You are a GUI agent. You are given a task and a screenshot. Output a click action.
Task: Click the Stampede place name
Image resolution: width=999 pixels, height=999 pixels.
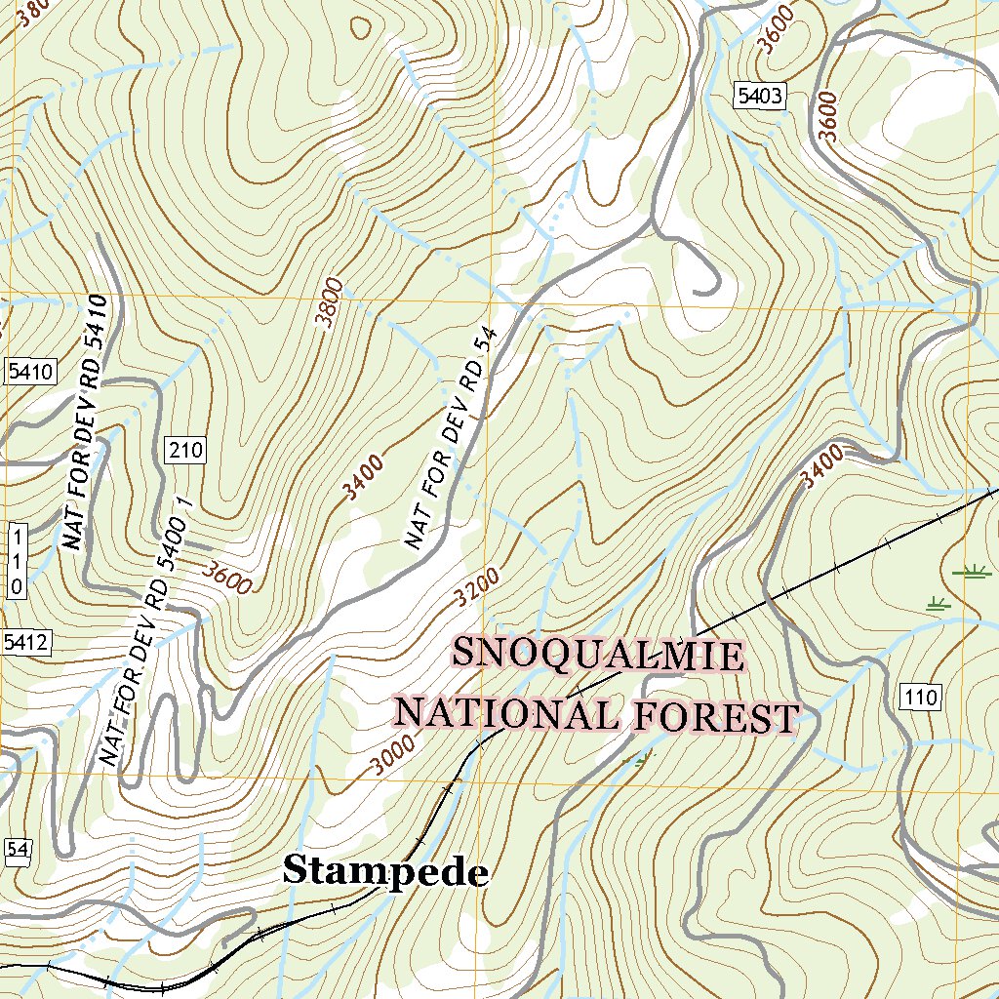[385, 871]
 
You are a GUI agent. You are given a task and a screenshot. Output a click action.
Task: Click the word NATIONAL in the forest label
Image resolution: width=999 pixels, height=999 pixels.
[505, 713]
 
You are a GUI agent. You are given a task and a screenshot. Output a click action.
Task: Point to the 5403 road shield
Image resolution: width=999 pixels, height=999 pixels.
[760, 95]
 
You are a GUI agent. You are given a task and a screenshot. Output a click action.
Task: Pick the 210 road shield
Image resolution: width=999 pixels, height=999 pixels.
[185, 450]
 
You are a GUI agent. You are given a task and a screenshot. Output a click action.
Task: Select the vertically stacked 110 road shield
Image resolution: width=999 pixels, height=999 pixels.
[16, 560]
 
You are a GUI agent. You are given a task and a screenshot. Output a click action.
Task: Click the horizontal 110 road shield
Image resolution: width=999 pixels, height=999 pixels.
[920, 697]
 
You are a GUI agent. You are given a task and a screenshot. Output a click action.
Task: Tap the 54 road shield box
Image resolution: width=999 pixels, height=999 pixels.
[16, 850]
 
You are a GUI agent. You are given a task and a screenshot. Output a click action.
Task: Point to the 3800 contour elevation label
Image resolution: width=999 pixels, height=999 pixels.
[331, 301]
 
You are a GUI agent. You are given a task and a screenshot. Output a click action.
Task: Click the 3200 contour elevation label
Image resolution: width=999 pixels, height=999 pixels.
[478, 587]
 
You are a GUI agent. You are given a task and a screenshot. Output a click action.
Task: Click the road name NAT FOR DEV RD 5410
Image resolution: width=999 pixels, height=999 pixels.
[86, 420]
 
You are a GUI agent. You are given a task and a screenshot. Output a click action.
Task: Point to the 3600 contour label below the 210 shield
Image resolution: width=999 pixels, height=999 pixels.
[227, 577]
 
